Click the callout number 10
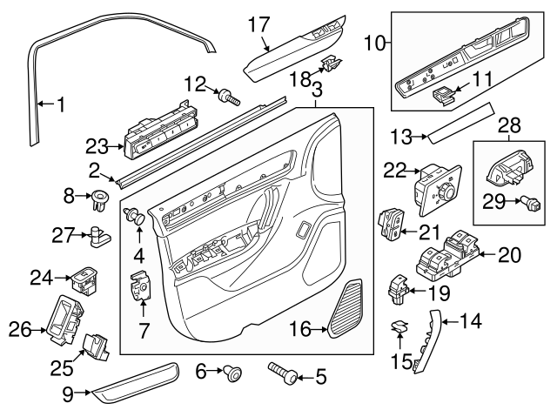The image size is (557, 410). pos(376,41)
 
